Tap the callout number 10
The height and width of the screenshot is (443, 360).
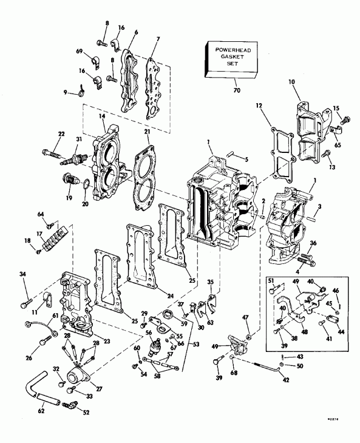point(292,81)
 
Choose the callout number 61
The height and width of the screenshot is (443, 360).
point(38,316)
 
